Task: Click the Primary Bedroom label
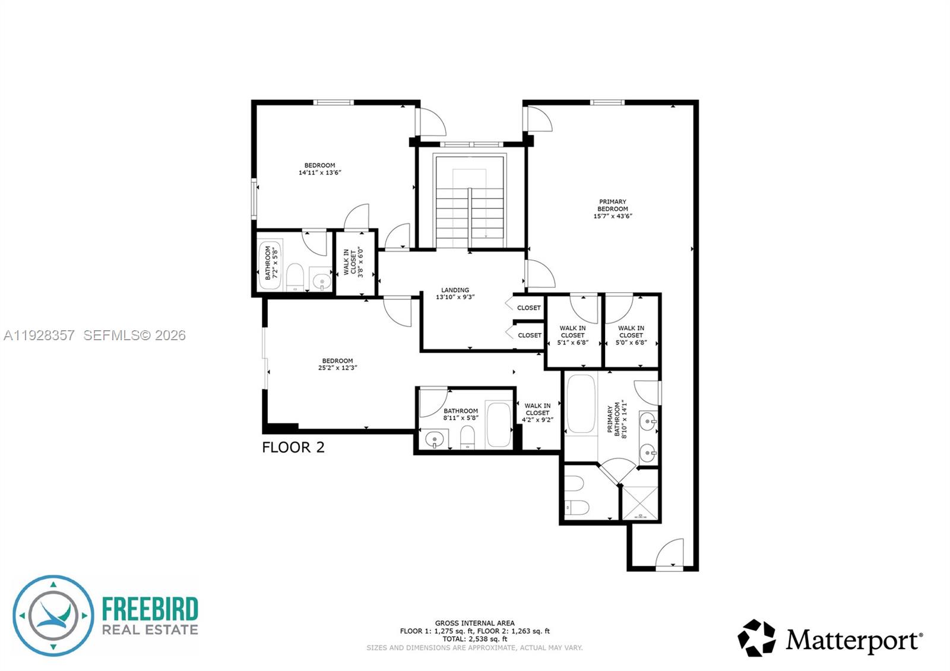coord(613,209)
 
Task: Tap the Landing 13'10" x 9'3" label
coord(455,293)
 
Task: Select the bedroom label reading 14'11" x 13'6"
coord(319,169)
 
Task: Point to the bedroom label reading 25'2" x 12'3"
coord(337,364)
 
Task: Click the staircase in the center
coord(470,202)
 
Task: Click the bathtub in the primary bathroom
coord(581,404)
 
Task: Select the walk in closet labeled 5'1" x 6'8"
coord(572,335)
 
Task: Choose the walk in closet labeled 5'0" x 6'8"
coord(631,335)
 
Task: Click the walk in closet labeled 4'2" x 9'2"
coord(537,413)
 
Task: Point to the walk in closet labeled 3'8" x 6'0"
coord(354,262)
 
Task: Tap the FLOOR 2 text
coord(293,447)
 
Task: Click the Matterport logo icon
coord(756,638)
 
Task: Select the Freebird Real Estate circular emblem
coord(53,615)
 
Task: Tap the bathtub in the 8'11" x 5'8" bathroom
coord(498,425)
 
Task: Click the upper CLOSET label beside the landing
coord(528,308)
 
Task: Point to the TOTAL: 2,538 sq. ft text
coord(474,639)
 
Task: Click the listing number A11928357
coord(39,335)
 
